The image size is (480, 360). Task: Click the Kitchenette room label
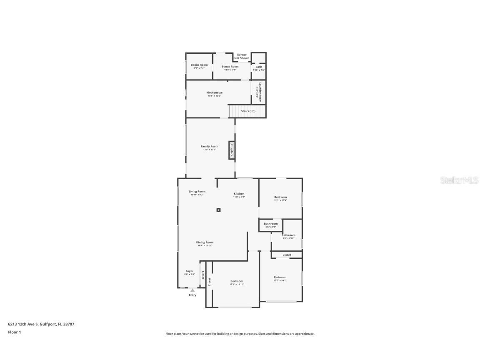point(215,92)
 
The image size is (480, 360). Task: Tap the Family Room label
point(209,146)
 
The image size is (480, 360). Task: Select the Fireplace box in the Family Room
point(232,150)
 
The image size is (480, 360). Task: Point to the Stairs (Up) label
point(248,111)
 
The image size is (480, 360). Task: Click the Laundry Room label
point(260,92)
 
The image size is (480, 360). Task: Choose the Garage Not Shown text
point(242,56)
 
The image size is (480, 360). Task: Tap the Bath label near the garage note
point(259,67)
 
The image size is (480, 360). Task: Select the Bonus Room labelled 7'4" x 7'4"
point(199,65)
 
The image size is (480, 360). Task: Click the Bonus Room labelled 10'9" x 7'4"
point(230,67)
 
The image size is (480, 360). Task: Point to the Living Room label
point(197,192)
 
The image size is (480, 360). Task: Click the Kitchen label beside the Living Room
point(239,194)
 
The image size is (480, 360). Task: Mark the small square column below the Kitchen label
point(218,210)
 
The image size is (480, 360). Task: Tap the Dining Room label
point(205,242)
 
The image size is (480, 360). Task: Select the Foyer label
point(189,271)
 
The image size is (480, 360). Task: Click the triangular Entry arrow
point(192,290)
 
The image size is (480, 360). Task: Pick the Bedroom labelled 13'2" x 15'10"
point(236,281)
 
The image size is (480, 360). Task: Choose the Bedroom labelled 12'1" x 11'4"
point(280,197)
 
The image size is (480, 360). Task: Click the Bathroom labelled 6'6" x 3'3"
point(270,224)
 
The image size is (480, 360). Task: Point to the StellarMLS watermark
point(459,180)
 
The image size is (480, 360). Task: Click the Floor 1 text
point(14,332)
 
